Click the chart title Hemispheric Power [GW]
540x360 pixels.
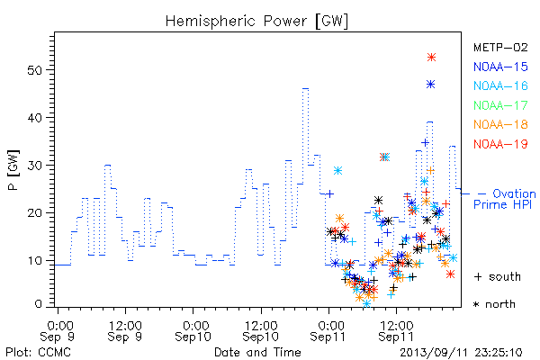[256, 22]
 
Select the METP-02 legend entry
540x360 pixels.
[500, 47]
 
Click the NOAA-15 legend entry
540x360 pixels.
[500, 67]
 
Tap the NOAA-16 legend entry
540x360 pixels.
[500, 85]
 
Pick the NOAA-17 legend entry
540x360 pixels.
[500, 105]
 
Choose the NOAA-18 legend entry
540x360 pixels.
[500, 124]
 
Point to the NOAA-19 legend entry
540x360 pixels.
[500, 144]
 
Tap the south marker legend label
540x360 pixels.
[498, 276]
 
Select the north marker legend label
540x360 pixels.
[494, 304]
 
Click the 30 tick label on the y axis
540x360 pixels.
[34, 166]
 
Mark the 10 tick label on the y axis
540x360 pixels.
[34, 260]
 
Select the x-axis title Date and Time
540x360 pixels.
[257, 352]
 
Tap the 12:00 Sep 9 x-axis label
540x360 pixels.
[125, 331]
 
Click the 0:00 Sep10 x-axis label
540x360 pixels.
[193, 331]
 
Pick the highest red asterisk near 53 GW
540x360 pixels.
[431, 58]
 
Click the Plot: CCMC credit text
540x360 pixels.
[38, 353]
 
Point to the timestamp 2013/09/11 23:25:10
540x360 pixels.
[461, 353]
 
